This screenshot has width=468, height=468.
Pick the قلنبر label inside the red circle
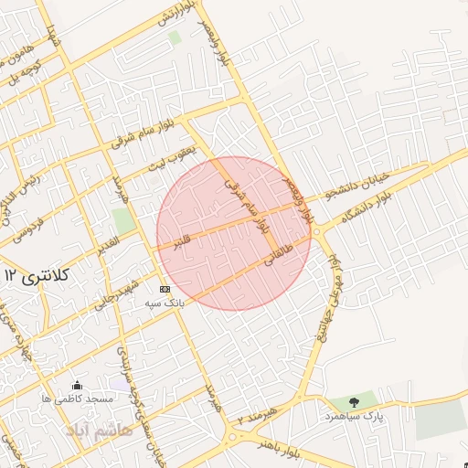tap(183, 240)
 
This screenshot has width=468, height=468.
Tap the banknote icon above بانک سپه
tap(165, 289)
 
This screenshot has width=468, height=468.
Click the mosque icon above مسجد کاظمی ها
tap(77, 385)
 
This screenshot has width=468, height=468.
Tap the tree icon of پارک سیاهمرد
tap(355, 401)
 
